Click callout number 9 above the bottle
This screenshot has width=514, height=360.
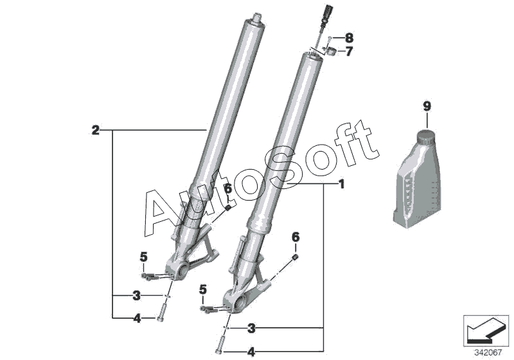pyautogui.click(x=427, y=106)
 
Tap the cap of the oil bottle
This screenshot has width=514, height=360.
pyautogui.click(x=425, y=136)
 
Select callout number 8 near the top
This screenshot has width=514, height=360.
pyautogui.click(x=349, y=38)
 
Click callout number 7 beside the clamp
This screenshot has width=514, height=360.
pyautogui.click(x=349, y=51)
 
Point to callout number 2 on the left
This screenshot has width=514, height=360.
pyautogui.click(x=95, y=130)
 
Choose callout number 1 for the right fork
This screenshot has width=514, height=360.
pyautogui.click(x=342, y=184)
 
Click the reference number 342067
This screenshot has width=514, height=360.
pyautogui.click(x=488, y=353)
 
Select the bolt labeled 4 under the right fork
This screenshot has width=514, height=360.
pyautogui.click(x=220, y=345)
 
